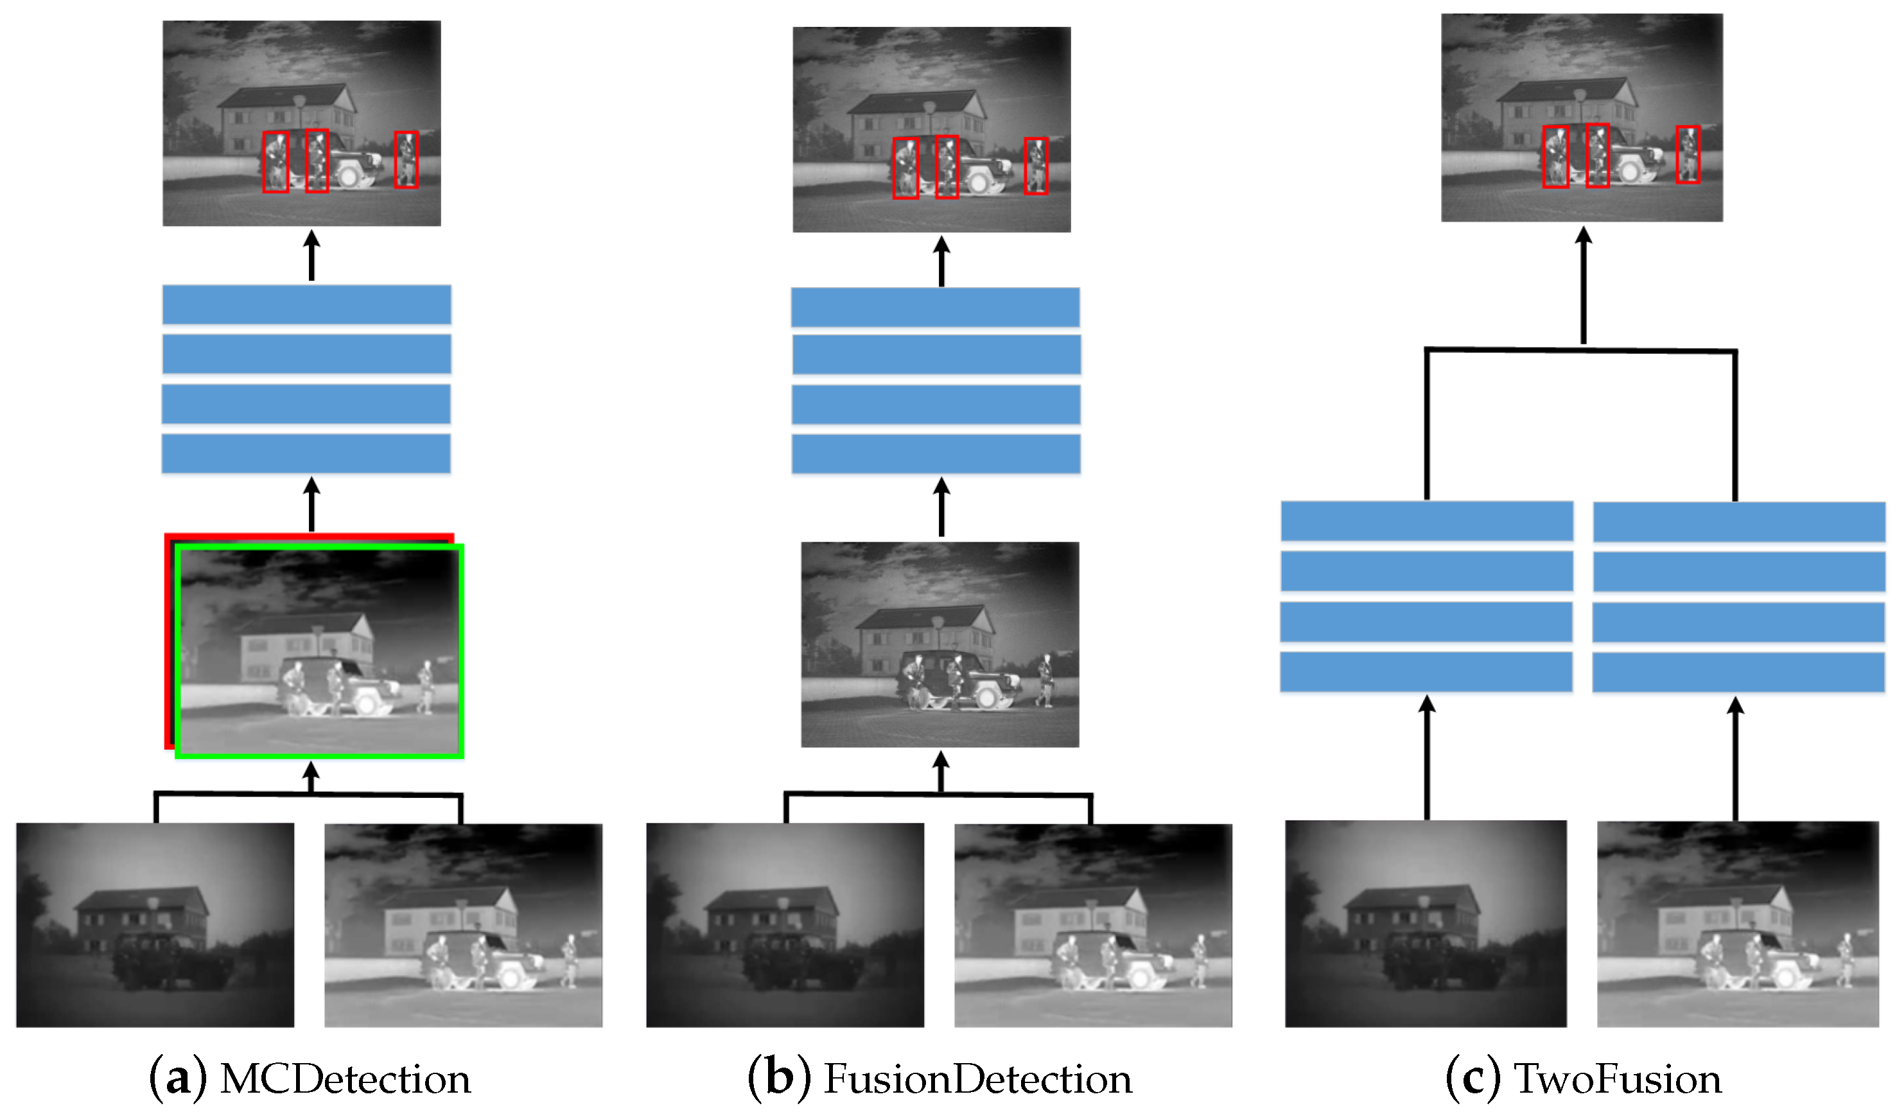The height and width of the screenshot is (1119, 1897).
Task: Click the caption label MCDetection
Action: coord(345,1080)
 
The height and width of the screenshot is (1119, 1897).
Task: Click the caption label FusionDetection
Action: coord(977,1080)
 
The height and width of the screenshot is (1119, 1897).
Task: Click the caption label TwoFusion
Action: coord(1618,1080)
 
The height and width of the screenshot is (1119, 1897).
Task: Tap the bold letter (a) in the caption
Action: coord(177,1080)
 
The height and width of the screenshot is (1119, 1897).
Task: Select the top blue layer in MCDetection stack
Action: coord(307,304)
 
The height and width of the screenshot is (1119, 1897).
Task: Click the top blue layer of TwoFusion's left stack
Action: coord(1427,521)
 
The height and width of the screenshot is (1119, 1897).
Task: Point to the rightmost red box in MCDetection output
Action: coord(406,160)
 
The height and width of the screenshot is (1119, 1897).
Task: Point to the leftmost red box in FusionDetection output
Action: coord(905,168)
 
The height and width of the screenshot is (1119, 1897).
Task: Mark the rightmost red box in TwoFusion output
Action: coord(1688,155)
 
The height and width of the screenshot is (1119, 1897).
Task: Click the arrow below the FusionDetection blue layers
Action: coord(941,507)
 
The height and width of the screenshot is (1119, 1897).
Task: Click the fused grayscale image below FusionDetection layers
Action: coord(940,645)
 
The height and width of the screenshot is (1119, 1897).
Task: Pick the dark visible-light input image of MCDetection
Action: coord(155,925)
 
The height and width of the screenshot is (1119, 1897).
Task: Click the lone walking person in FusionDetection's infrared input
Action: coord(1198,959)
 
